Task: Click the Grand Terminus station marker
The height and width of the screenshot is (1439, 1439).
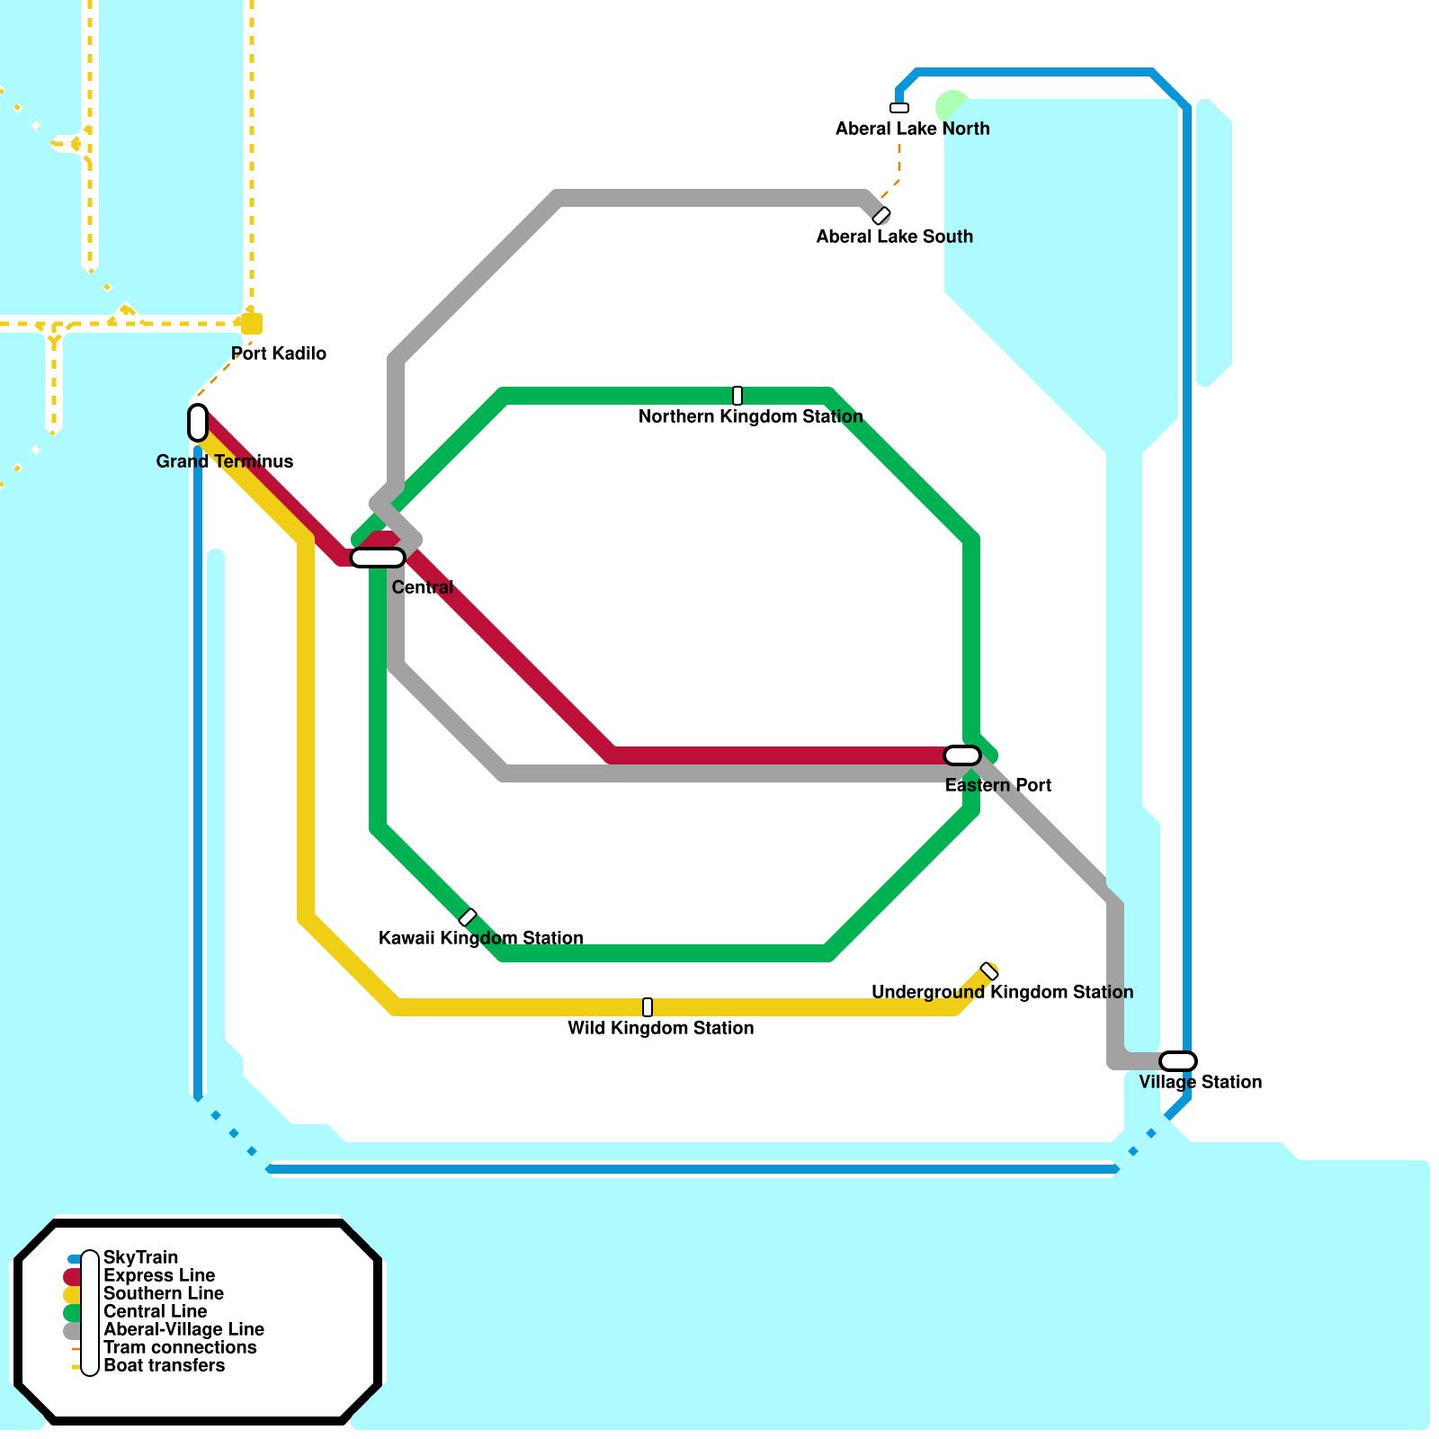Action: (198, 423)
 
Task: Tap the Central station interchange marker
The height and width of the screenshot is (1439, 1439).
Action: (378, 558)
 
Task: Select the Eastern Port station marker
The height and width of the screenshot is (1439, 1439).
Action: (962, 755)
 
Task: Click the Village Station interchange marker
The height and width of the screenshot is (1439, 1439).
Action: (1178, 1061)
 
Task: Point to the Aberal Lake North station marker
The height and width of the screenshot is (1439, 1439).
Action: (899, 108)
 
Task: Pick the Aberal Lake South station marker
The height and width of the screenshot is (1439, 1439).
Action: (881, 216)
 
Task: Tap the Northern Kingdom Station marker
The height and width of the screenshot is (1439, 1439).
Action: (737, 396)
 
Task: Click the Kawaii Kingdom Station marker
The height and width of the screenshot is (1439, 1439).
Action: (468, 917)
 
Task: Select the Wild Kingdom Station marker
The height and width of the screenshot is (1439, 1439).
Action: (648, 1007)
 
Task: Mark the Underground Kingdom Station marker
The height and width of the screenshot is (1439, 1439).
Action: (989, 971)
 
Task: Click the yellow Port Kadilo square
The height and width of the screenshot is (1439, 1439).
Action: (252, 324)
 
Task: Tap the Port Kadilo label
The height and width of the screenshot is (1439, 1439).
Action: (279, 353)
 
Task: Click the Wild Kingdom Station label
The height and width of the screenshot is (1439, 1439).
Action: (661, 1028)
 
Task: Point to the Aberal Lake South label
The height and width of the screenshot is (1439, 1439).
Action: (895, 237)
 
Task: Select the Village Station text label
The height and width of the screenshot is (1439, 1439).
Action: (1201, 1082)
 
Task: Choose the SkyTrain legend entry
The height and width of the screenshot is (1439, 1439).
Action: (140, 1257)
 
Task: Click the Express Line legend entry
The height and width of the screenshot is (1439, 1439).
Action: (159, 1275)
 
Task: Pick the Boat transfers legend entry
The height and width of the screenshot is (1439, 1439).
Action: (165, 1365)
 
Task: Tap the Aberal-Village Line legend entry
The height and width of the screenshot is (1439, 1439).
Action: (183, 1329)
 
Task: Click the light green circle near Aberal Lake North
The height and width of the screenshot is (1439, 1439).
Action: (951, 106)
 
